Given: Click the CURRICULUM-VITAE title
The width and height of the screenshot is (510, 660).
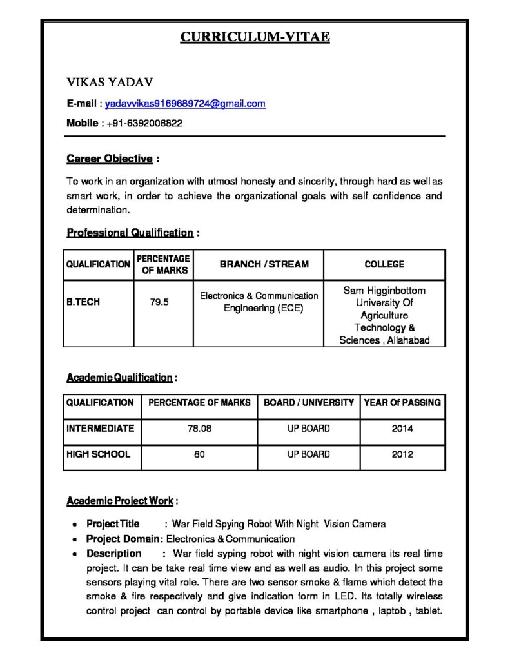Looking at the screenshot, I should pyautogui.click(x=255, y=37).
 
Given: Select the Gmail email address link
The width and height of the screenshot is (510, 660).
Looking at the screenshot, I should pyautogui.click(x=185, y=103).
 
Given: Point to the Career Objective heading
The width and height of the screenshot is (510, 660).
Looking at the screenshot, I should pyautogui.click(x=110, y=159).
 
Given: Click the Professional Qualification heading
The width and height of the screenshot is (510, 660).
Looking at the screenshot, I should pyautogui.click(x=130, y=233).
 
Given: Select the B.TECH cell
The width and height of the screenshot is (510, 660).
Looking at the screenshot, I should pyautogui.click(x=83, y=301).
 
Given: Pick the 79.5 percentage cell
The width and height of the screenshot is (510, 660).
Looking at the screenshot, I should pyautogui.click(x=160, y=301).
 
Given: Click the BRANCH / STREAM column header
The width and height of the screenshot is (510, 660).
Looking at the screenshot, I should pyautogui.click(x=264, y=264).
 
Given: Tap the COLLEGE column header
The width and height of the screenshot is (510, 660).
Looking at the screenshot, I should pyautogui.click(x=384, y=264).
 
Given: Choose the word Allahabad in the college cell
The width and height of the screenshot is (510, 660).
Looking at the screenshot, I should pyautogui.click(x=407, y=340).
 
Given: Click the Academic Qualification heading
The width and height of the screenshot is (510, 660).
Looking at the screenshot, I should pyautogui.click(x=119, y=377).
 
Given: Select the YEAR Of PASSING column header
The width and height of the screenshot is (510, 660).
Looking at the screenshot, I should pyautogui.click(x=402, y=403).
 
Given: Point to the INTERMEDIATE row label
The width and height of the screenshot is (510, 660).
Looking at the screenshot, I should pyautogui.click(x=100, y=428).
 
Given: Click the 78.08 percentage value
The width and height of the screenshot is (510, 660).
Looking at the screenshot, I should pyautogui.click(x=199, y=429).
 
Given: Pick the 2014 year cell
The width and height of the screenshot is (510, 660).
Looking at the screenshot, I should pyautogui.click(x=402, y=429).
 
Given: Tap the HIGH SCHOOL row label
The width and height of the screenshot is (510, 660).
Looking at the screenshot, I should pyautogui.click(x=98, y=454).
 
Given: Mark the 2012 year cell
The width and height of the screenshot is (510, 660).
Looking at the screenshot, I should pyautogui.click(x=402, y=454).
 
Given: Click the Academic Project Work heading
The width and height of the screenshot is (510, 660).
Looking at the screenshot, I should pyautogui.click(x=119, y=501).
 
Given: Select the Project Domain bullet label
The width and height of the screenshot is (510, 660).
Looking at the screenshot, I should pyautogui.click(x=124, y=539).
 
